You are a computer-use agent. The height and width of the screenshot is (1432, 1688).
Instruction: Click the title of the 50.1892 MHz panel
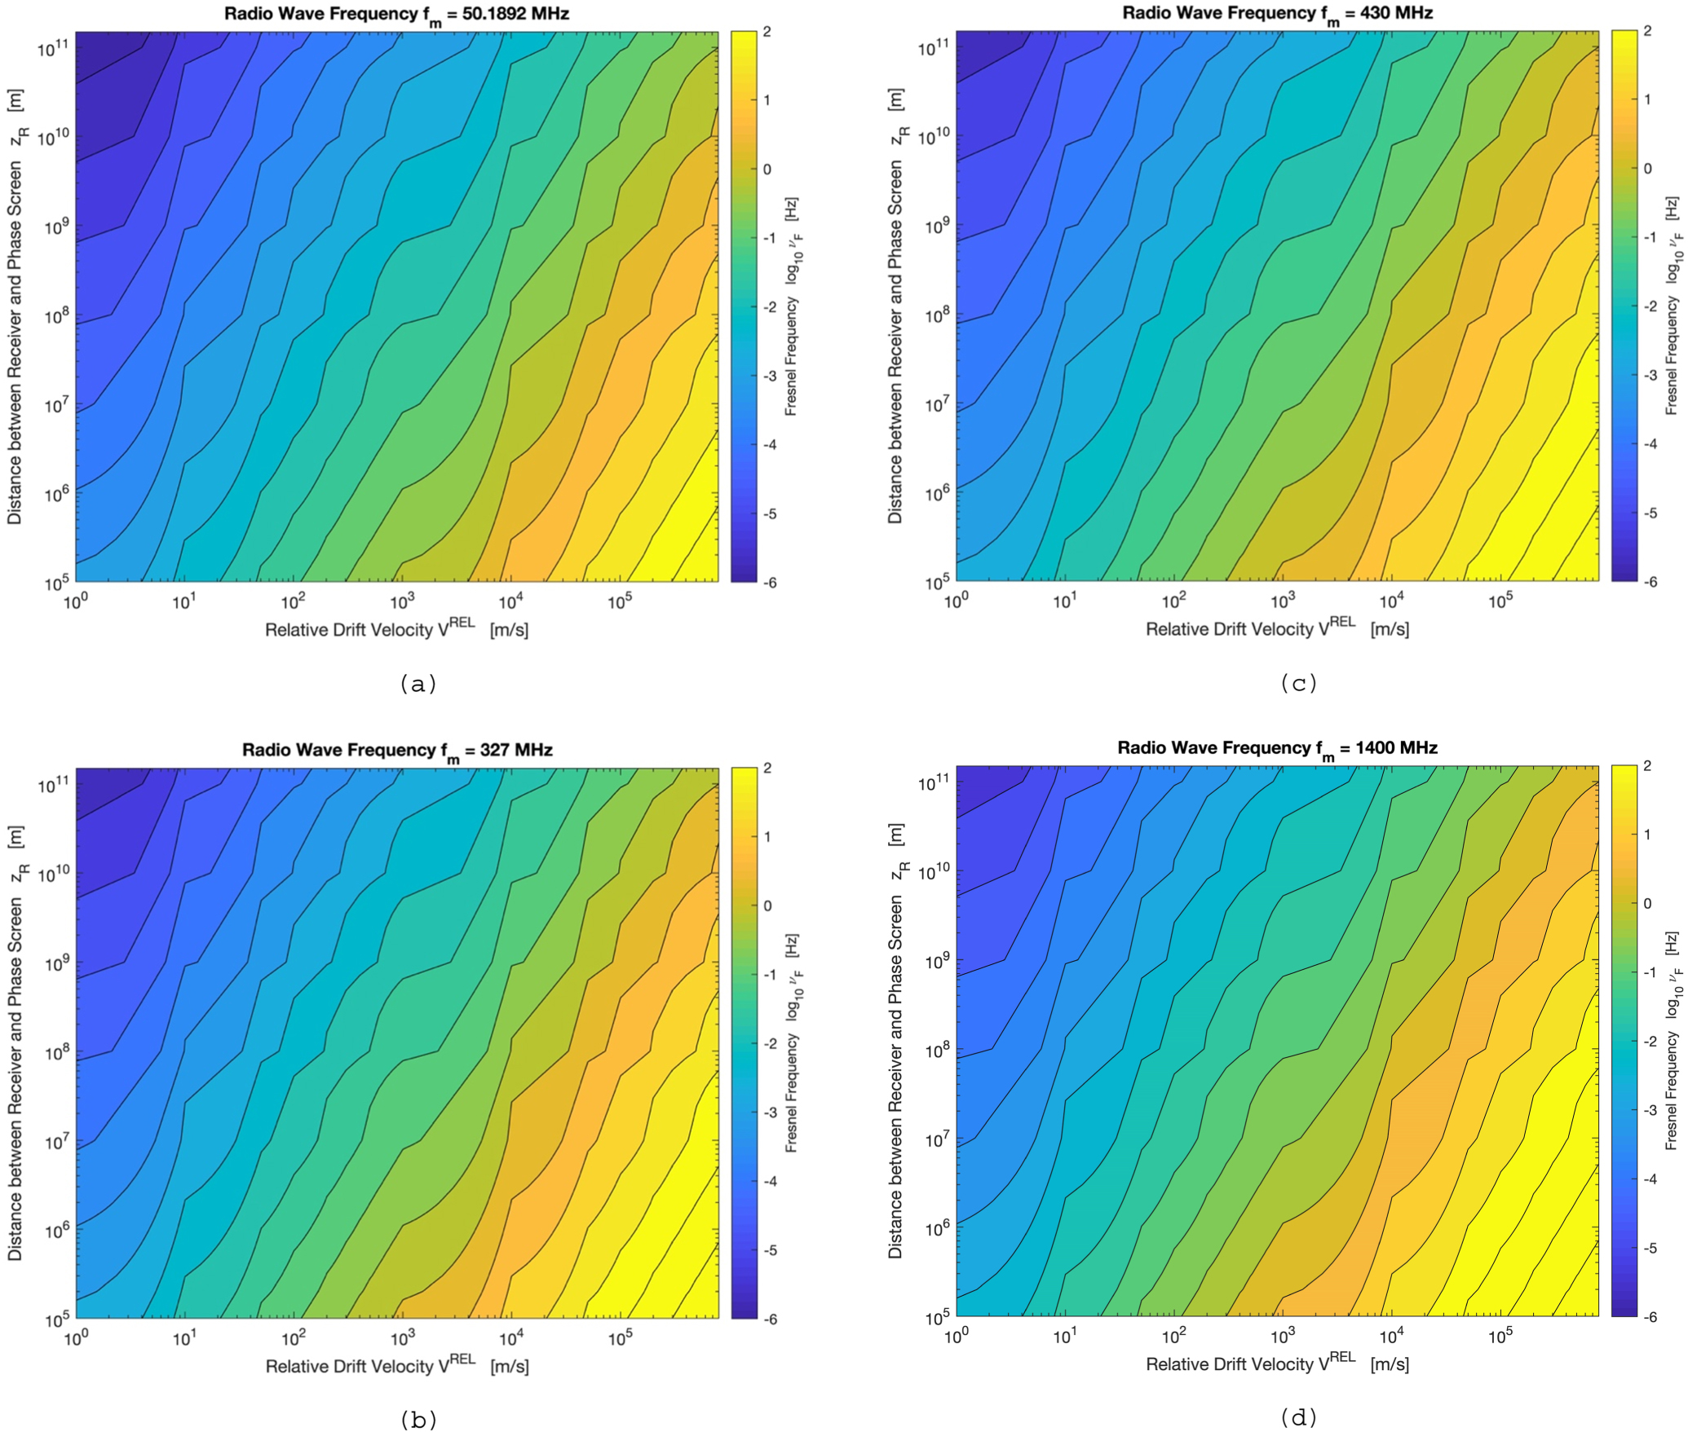tap(396, 15)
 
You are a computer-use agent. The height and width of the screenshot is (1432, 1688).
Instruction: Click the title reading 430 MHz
tap(1277, 14)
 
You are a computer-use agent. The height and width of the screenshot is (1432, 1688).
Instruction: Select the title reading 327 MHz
tap(396, 751)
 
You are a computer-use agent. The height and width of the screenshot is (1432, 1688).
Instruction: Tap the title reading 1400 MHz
tap(1277, 749)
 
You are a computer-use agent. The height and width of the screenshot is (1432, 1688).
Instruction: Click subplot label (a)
tap(418, 685)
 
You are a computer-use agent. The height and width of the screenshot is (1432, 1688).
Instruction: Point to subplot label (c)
tap(1298, 684)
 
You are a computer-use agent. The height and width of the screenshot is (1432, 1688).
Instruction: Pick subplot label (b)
tap(418, 1420)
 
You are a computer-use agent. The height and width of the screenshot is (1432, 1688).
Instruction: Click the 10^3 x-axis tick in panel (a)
tap(401, 602)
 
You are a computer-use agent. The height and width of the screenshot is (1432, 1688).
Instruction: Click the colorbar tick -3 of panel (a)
tap(767, 377)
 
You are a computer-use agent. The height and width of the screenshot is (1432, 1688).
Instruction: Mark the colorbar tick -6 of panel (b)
tap(767, 1320)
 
